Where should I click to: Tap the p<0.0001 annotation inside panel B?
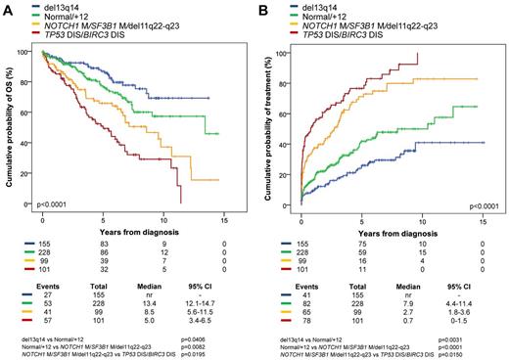coord(486,206)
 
